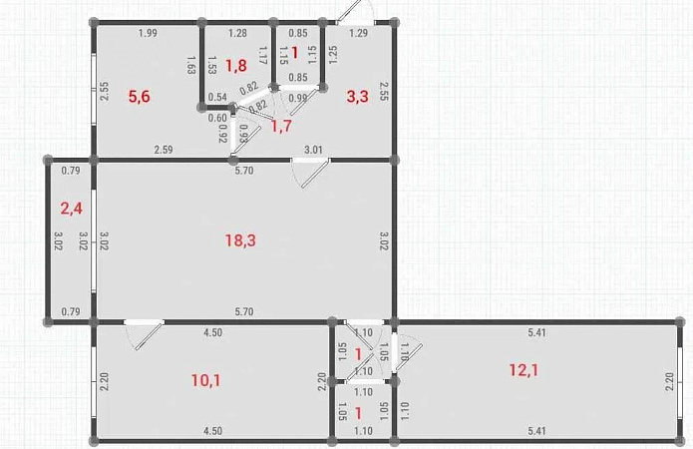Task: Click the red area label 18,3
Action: pos(240,240)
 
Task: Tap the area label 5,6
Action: pos(140,96)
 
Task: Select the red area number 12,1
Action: pos(523,370)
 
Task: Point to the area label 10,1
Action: pos(206,379)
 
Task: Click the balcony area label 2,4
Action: pos(71,208)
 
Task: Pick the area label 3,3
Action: pos(357,96)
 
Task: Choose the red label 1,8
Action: pos(236,66)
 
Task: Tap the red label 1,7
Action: pos(281,126)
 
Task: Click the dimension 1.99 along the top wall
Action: pos(148,33)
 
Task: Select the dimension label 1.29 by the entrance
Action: pos(358,33)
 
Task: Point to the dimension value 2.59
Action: pos(164,150)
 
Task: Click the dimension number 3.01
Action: pos(313,150)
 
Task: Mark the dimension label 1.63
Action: pos(191,65)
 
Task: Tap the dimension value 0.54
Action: pos(217,97)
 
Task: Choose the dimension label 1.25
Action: pos(333,55)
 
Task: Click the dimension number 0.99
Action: pos(297,98)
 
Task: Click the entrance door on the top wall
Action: pos(355,13)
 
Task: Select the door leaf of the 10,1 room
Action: pos(149,336)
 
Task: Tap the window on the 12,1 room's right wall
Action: pos(680,382)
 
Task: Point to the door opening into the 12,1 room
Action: pos(394,352)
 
